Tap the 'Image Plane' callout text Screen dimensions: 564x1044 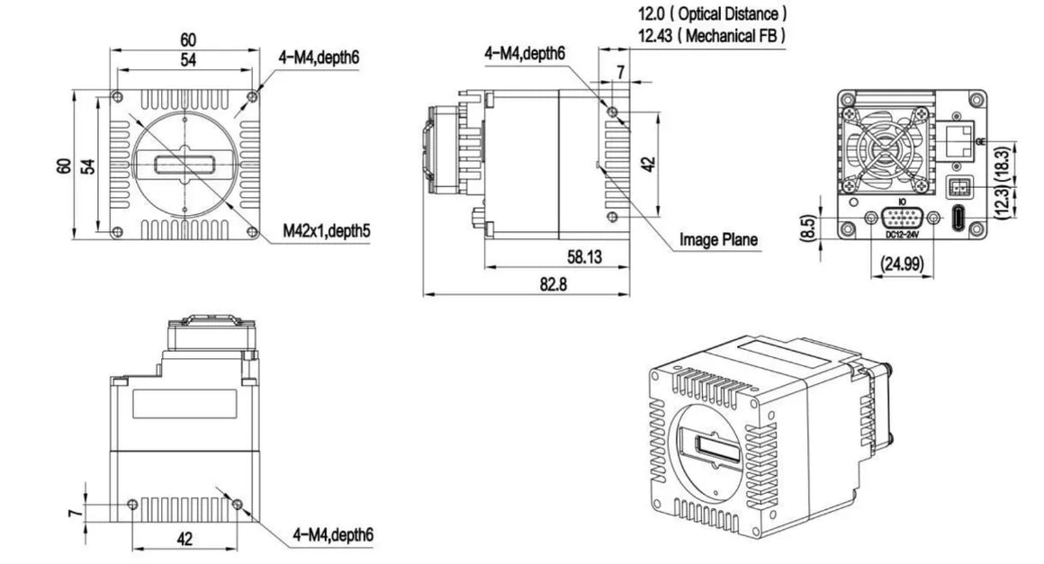pos(718,239)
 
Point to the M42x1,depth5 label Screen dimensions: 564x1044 pos(327,230)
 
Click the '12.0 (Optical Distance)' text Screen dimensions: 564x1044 pos(713,14)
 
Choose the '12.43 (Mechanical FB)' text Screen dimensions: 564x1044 pos(711,35)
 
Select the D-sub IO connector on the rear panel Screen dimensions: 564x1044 pos(902,219)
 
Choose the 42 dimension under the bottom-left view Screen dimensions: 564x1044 pos(184,539)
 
